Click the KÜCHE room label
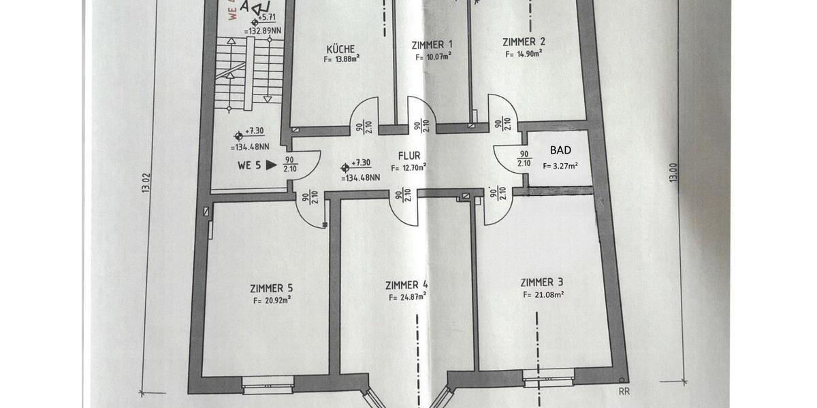click(x=340, y=49)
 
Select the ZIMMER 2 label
click(x=524, y=41)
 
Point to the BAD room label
click(x=560, y=150)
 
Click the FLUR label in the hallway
click(x=409, y=156)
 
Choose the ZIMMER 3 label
click(x=541, y=282)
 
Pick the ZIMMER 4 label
click(x=406, y=285)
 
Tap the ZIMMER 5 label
click(x=272, y=288)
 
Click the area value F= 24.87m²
click(x=407, y=296)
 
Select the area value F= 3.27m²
click(x=560, y=165)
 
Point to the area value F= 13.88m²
click(x=342, y=59)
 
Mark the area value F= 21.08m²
click(x=543, y=294)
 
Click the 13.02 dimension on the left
click(x=146, y=182)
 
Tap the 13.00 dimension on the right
click(x=673, y=172)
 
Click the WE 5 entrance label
click(x=249, y=165)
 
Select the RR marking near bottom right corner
click(x=624, y=390)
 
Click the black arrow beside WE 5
click(x=272, y=165)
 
